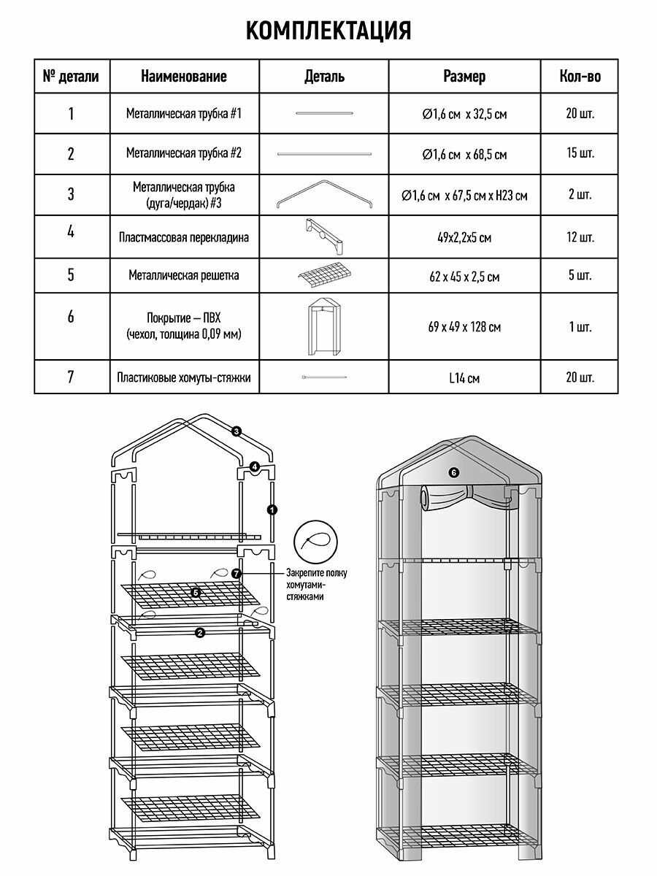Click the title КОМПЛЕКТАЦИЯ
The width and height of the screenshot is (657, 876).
pyautogui.click(x=328, y=31)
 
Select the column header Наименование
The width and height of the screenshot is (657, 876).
pyautogui.click(x=183, y=76)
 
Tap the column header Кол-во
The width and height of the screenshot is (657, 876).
pyautogui.click(x=580, y=76)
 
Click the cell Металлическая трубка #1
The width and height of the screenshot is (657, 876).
pyautogui.click(x=183, y=114)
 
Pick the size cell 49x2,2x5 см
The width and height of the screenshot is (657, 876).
pyautogui.click(x=464, y=238)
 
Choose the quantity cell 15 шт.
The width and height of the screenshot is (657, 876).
pyautogui.click(x=580, y=154)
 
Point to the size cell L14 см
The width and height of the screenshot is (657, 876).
pyautogui.click(x=464, y=378)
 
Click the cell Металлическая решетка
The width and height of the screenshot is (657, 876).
pyautogui.click(x=183, y=276)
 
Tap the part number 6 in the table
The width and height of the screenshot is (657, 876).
pyautogui.click(x=71, y=317)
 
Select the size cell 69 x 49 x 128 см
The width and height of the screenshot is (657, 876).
pyautogui.click(x=464, y=327)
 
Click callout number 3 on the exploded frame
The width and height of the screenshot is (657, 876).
pyautogui.click(x=236, y=431)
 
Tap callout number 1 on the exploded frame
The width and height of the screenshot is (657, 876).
pyautogui.click(x=272, y=510)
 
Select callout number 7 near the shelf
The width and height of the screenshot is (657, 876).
pyautogui.click(x=236, y=574)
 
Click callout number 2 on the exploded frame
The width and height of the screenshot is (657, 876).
pyautogui.click(x=199, y=633)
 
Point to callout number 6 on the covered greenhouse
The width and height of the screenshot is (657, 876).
pyautogui.click(x=453, y=472)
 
